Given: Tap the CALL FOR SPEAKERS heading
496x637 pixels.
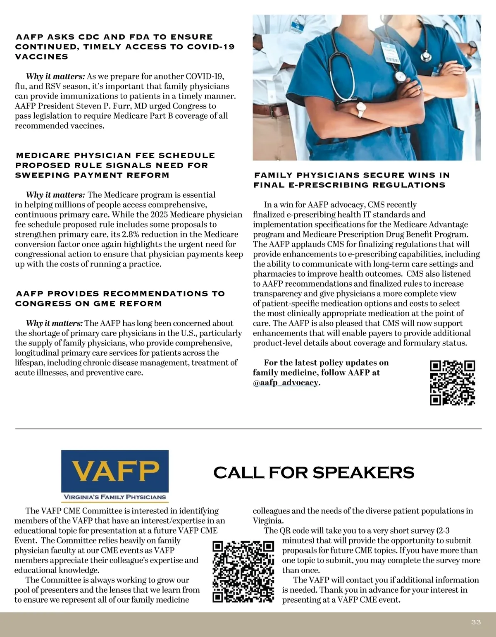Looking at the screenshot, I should click(x=314, y=473).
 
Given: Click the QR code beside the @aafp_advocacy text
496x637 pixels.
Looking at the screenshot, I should click(x=453, y=383).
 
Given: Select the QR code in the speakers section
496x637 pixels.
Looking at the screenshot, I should click(x=243, y=571).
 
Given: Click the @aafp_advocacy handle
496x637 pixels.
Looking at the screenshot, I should click(x=286, y=383).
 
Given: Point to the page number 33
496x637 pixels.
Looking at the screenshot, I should click(x=476, y=622).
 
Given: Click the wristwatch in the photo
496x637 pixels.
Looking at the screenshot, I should click(x=361, y=110).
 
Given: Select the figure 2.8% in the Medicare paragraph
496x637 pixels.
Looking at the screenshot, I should click(x=130, y=235).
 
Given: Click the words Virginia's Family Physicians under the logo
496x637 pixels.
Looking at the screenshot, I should click(x=114, y=497).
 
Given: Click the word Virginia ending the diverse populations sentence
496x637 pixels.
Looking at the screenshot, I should click(x=268, y=521).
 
